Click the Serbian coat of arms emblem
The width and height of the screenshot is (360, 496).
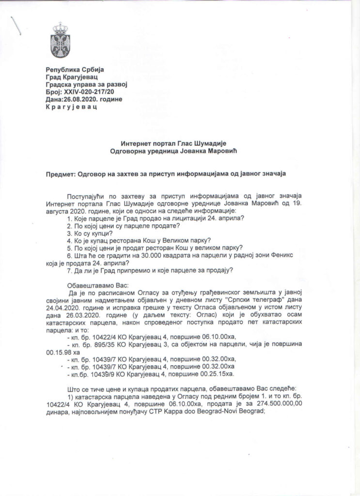point(62,39)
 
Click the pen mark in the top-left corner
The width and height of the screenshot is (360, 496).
point(16,25)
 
